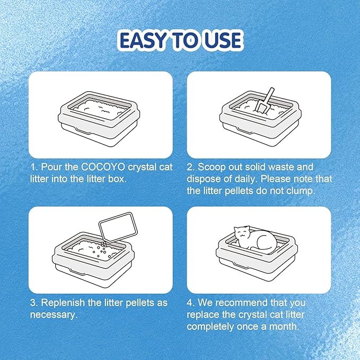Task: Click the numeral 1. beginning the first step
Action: tap(32, 168)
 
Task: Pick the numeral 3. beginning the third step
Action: tap(32, 303)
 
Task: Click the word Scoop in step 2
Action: tap(213, 168)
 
